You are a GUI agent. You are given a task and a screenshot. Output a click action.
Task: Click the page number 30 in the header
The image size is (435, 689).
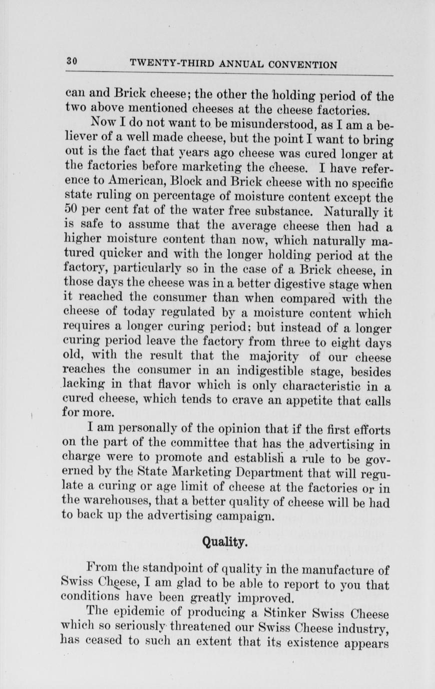[72, 62]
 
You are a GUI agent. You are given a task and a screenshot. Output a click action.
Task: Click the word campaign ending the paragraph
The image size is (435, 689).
[243, 514]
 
